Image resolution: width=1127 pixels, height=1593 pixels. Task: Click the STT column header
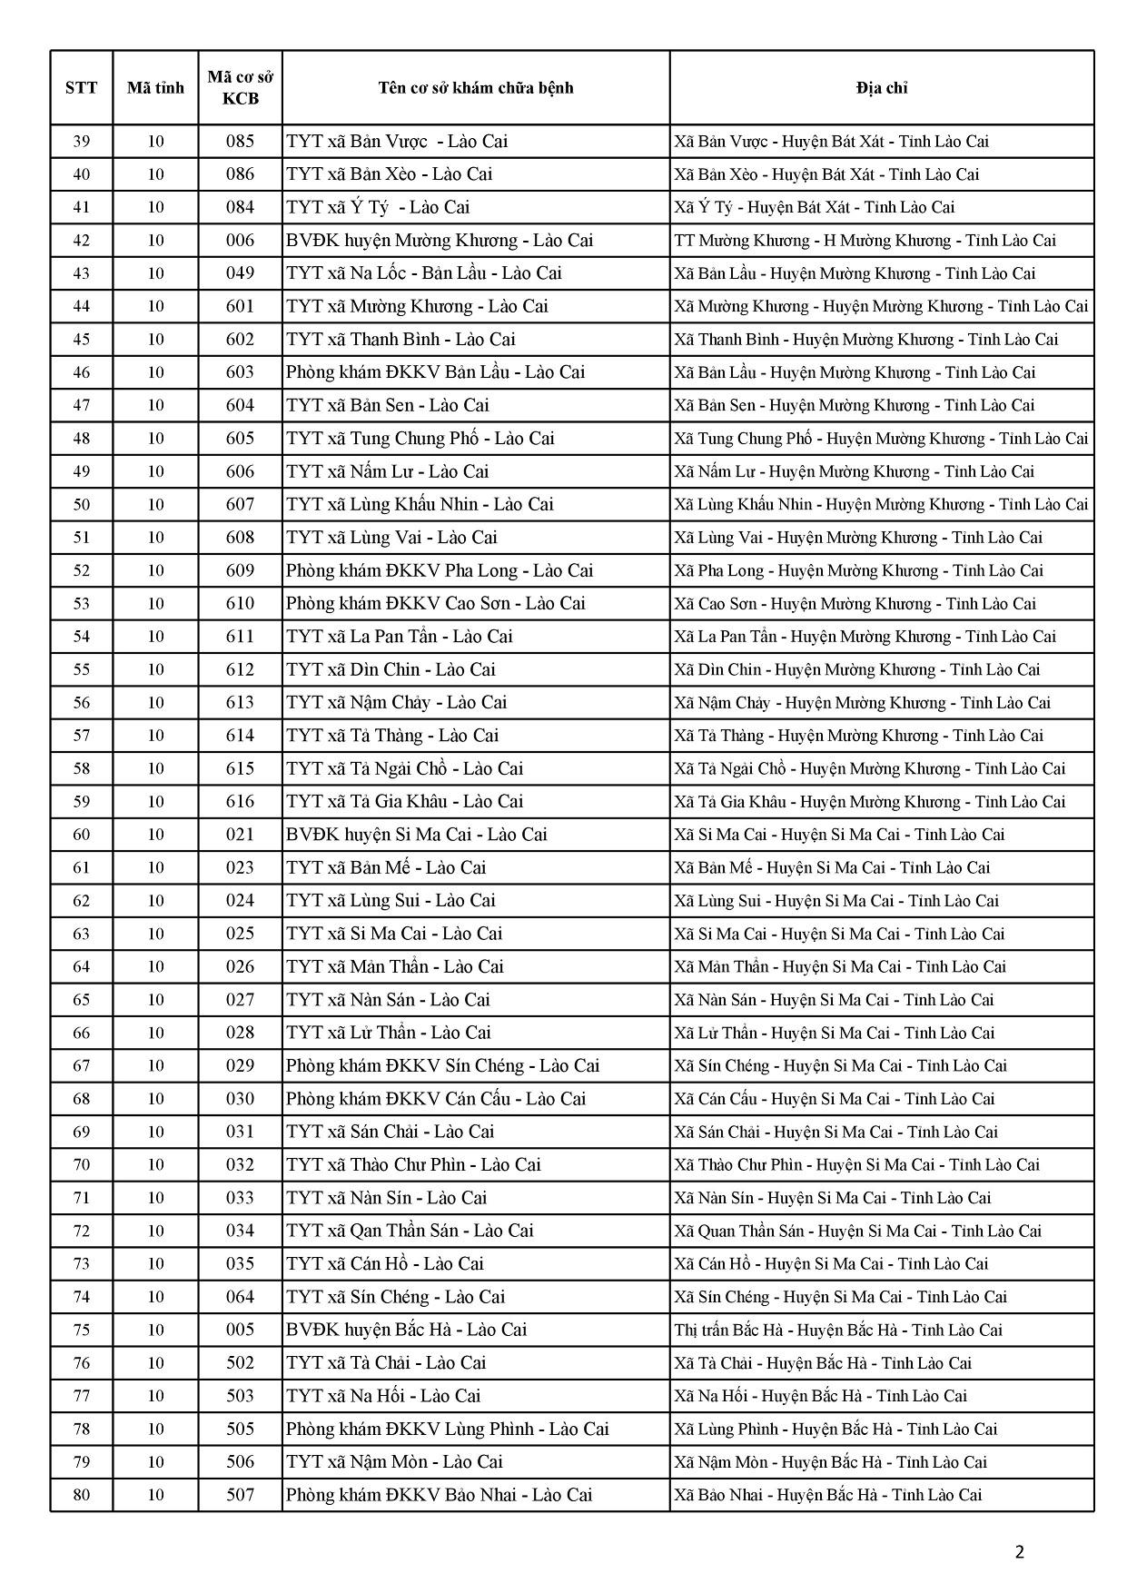82,88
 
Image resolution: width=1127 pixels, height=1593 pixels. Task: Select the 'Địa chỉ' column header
881,88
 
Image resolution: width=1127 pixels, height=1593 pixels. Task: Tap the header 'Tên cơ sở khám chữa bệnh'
476,88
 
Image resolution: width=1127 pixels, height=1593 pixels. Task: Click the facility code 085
240,142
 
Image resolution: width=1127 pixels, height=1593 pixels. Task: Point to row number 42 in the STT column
82,241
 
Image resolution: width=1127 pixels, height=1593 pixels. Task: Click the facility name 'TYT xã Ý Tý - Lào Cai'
378,207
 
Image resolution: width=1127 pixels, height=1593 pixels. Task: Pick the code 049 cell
240,273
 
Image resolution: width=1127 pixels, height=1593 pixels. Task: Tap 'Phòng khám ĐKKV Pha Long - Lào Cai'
439,570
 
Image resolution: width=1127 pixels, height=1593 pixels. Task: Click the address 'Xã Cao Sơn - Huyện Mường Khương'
854,604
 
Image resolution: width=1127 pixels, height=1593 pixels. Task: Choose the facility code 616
240,802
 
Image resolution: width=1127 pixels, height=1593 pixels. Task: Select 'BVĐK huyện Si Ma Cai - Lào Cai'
416,835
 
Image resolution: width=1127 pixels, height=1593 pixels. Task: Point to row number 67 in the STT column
82,1066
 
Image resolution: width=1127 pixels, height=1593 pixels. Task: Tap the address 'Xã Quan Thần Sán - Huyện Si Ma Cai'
857,1232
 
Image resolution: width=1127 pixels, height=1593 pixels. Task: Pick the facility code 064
240,1297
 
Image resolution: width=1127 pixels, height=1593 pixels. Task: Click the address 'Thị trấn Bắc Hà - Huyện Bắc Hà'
837,1331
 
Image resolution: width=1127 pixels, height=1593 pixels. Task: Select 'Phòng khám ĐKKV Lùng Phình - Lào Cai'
447,1430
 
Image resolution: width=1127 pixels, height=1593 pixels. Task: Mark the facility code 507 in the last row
240,1495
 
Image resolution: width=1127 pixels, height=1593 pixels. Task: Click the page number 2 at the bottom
1019,1552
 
